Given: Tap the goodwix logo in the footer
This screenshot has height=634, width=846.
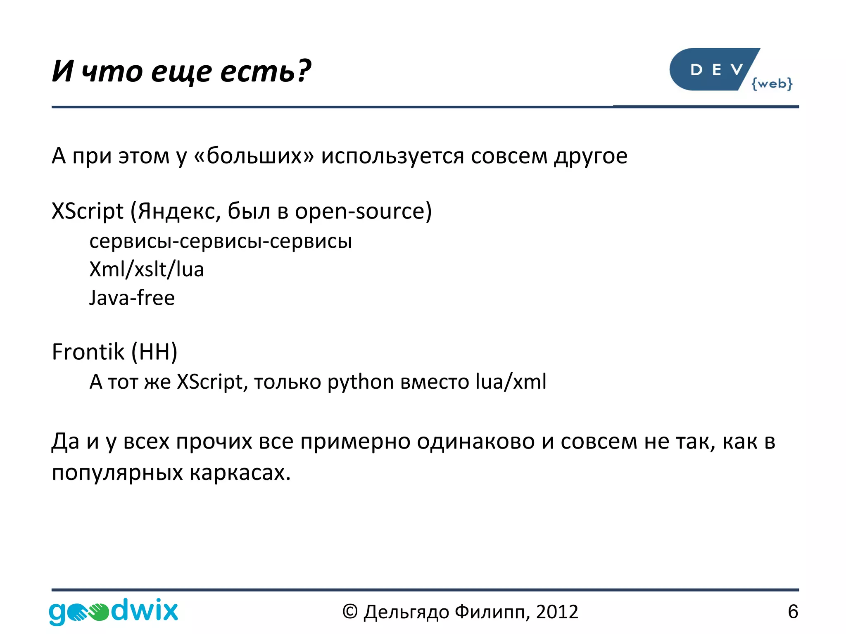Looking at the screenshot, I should tap(113, 611).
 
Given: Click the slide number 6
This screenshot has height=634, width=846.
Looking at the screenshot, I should tap(793, 612).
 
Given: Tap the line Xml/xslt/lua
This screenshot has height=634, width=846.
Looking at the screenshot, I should tap(147, 269).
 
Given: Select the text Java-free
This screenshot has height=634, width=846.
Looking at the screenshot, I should tap(132, 298).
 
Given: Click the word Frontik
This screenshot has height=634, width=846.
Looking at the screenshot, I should tap(88, 352).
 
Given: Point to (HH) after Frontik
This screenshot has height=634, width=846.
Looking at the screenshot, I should tap(154, 352).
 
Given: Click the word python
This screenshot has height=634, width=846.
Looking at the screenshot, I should tap(360, 382).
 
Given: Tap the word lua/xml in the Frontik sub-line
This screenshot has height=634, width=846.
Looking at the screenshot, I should tap(511, 382).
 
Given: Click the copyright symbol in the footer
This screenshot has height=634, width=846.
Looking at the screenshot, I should tap(349, 612).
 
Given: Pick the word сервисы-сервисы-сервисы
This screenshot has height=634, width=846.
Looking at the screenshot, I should tap(221, 241).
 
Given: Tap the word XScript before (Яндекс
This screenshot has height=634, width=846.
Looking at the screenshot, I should tap(88, 211).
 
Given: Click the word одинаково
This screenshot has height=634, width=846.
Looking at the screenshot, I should tap(475, 441).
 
